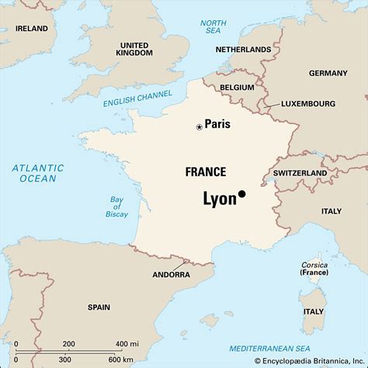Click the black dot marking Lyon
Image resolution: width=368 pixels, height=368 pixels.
[x=241, y=194]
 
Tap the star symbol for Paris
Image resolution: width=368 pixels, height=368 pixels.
[x=199, y=127]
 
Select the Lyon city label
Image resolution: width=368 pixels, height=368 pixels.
[x=219, y=199]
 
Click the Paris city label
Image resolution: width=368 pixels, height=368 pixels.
[x=217, y=124]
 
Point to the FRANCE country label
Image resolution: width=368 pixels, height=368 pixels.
[x=206, y=172]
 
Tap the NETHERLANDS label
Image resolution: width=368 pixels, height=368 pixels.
[x=245, y=49]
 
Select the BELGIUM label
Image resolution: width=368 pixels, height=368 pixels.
[x=236, y=88]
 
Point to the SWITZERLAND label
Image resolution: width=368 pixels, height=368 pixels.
[x=300, y=172]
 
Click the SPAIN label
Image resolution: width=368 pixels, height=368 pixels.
[x=99, y=307]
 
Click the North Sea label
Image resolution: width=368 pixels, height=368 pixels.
[x=213, y=27]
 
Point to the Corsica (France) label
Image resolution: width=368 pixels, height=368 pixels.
[x=314, y=269]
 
